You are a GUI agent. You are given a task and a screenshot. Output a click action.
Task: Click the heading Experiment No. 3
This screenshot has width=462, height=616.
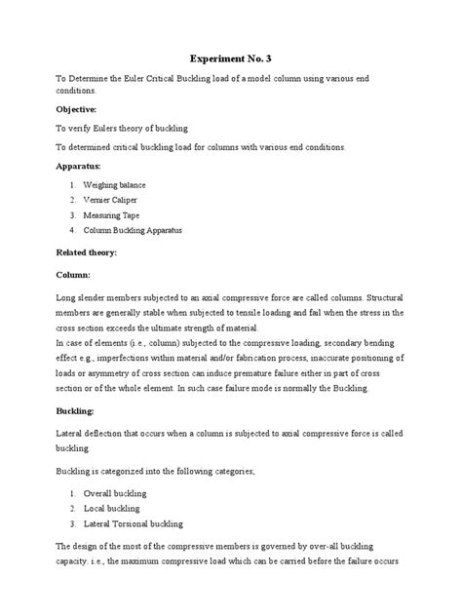pyautogui.click(x=230, y=59)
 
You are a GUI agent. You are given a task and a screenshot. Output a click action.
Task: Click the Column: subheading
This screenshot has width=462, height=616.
pyautogui.click(x=74, y=276)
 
